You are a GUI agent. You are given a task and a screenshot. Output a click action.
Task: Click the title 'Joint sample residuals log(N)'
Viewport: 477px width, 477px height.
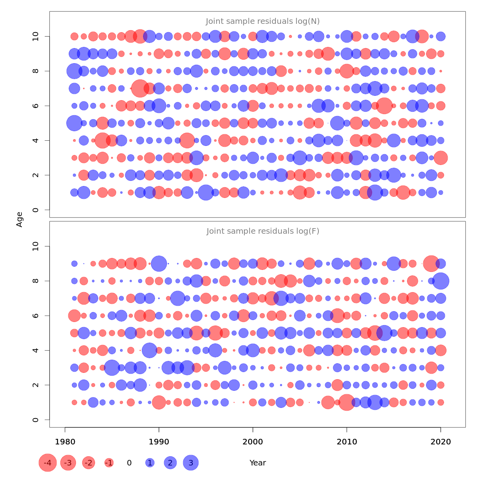pos(263,21)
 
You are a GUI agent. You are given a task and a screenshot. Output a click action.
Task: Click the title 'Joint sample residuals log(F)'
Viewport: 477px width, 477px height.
pos(263,231)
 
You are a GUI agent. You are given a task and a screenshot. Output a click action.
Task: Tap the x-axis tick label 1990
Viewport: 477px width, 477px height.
pos(159,442)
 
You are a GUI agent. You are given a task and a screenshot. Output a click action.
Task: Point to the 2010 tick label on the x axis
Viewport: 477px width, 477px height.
pos(347,442)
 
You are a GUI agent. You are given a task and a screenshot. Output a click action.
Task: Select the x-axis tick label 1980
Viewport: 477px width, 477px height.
pos(65,442)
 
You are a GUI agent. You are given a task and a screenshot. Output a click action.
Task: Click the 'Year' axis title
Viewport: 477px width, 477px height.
pos(258,463)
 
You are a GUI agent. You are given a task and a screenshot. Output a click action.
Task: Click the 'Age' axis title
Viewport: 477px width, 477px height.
pos(19,219)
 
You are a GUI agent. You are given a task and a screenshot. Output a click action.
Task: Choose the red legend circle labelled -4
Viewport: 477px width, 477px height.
pos(48,463)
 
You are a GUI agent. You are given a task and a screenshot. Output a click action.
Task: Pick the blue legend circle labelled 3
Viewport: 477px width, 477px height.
pos(191,463)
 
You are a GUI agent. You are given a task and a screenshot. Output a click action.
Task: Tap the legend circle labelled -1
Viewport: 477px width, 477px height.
pos(109,463)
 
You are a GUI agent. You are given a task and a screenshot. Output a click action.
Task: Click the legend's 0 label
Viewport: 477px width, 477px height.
pos(129,463)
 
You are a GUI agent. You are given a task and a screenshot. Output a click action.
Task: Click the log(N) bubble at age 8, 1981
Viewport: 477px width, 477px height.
pos(74,71)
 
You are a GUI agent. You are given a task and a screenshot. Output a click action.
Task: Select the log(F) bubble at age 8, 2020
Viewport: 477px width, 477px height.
pos(440,281)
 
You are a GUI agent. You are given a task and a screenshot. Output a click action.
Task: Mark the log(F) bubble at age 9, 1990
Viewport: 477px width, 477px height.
pos(159,264)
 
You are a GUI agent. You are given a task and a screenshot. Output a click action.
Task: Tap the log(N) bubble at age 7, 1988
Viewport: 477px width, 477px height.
pos(140,88)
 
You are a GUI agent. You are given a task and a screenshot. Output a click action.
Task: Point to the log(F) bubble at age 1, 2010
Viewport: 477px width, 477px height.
pos(347,402)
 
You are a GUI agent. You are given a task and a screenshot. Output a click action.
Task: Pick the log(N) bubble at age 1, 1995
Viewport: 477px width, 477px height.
pos(206,192)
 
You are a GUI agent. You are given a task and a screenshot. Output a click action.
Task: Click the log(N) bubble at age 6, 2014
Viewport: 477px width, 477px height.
pos(384,106)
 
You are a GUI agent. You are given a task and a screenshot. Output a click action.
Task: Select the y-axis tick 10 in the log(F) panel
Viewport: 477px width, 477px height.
pos(36,246)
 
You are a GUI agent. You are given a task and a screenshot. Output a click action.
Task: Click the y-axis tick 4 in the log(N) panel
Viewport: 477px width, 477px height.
pos(36,140)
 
